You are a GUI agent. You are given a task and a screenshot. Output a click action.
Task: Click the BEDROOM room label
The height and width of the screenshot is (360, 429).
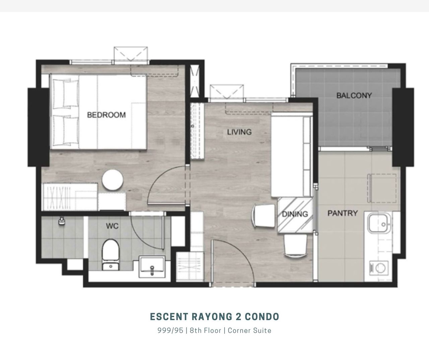[107, 115]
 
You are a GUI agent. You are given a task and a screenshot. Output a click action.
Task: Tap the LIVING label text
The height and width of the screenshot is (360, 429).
[239, 132]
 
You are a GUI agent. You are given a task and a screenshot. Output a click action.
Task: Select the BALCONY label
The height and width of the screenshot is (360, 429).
[354, 95]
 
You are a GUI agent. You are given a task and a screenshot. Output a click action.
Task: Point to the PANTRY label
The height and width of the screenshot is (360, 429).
[343, 213]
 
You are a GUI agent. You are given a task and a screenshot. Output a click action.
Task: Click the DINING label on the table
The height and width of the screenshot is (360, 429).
[295, 214]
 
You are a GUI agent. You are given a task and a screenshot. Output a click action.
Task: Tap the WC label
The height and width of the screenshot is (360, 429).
[112, 226]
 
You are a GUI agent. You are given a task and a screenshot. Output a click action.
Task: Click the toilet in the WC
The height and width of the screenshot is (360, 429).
[111, 255]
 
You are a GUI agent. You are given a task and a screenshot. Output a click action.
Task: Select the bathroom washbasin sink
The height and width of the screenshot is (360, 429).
[152, 267]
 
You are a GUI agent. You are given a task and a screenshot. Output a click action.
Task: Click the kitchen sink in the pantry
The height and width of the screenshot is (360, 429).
[379, 223]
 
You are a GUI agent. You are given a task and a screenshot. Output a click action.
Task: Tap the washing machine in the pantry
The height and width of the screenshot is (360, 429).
[379, 268]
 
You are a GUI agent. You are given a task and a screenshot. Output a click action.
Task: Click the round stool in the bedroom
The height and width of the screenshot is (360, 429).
[112, 180]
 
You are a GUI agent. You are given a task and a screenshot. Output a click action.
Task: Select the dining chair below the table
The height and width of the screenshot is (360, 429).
[296, 246]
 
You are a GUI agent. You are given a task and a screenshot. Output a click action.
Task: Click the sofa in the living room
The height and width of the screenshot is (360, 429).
[291, 156]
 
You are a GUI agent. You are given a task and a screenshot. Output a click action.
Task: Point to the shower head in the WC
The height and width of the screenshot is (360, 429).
[61, 221]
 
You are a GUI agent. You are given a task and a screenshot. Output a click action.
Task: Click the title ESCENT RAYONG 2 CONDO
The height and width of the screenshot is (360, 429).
[215, 317]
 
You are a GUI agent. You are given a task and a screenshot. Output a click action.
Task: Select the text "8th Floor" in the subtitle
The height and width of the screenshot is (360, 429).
[205, 330]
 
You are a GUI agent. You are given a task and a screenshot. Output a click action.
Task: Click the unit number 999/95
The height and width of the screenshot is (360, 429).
[170, 330]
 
